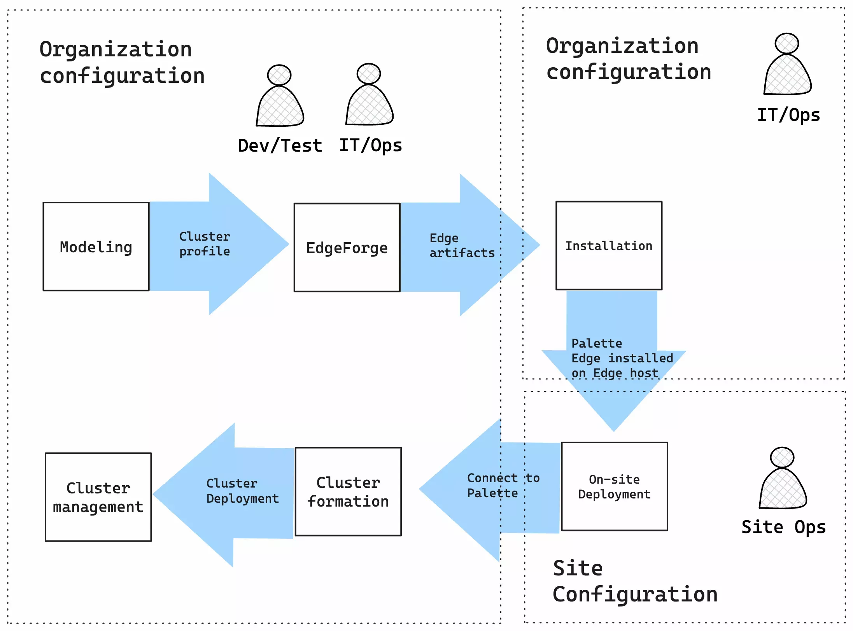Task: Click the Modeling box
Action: point(96,246)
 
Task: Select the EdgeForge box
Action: point(347,248)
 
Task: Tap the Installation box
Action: point(609,246)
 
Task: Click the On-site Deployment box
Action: point(614,486)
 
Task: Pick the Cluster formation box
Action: point(348,492)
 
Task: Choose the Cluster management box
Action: point(98,497)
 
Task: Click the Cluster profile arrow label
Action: point(205,244)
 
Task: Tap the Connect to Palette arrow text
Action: point(503,486)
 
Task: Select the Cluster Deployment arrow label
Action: point(242,491)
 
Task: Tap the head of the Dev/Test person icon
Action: point(279,75)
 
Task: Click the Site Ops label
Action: point(783,528)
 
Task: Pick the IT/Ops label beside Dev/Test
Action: point(370,146)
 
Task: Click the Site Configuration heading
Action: point(634,582)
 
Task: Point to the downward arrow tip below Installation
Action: point(614,428)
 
